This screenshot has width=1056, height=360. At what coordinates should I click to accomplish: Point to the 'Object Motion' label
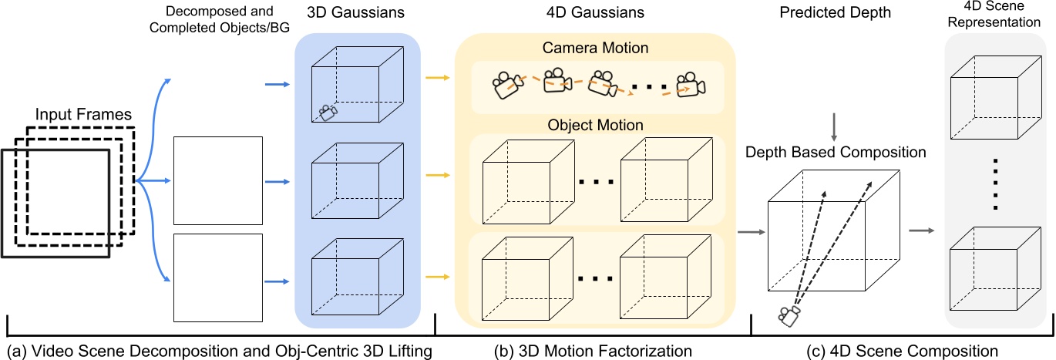click(597, 123)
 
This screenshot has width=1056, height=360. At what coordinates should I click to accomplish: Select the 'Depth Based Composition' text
click(836, 152)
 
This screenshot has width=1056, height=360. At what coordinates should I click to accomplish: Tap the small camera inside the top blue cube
click(328, 113)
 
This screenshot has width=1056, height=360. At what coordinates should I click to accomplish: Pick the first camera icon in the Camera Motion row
click(506, 84)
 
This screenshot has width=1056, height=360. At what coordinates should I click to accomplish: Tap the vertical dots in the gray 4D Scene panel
click(997, 183)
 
